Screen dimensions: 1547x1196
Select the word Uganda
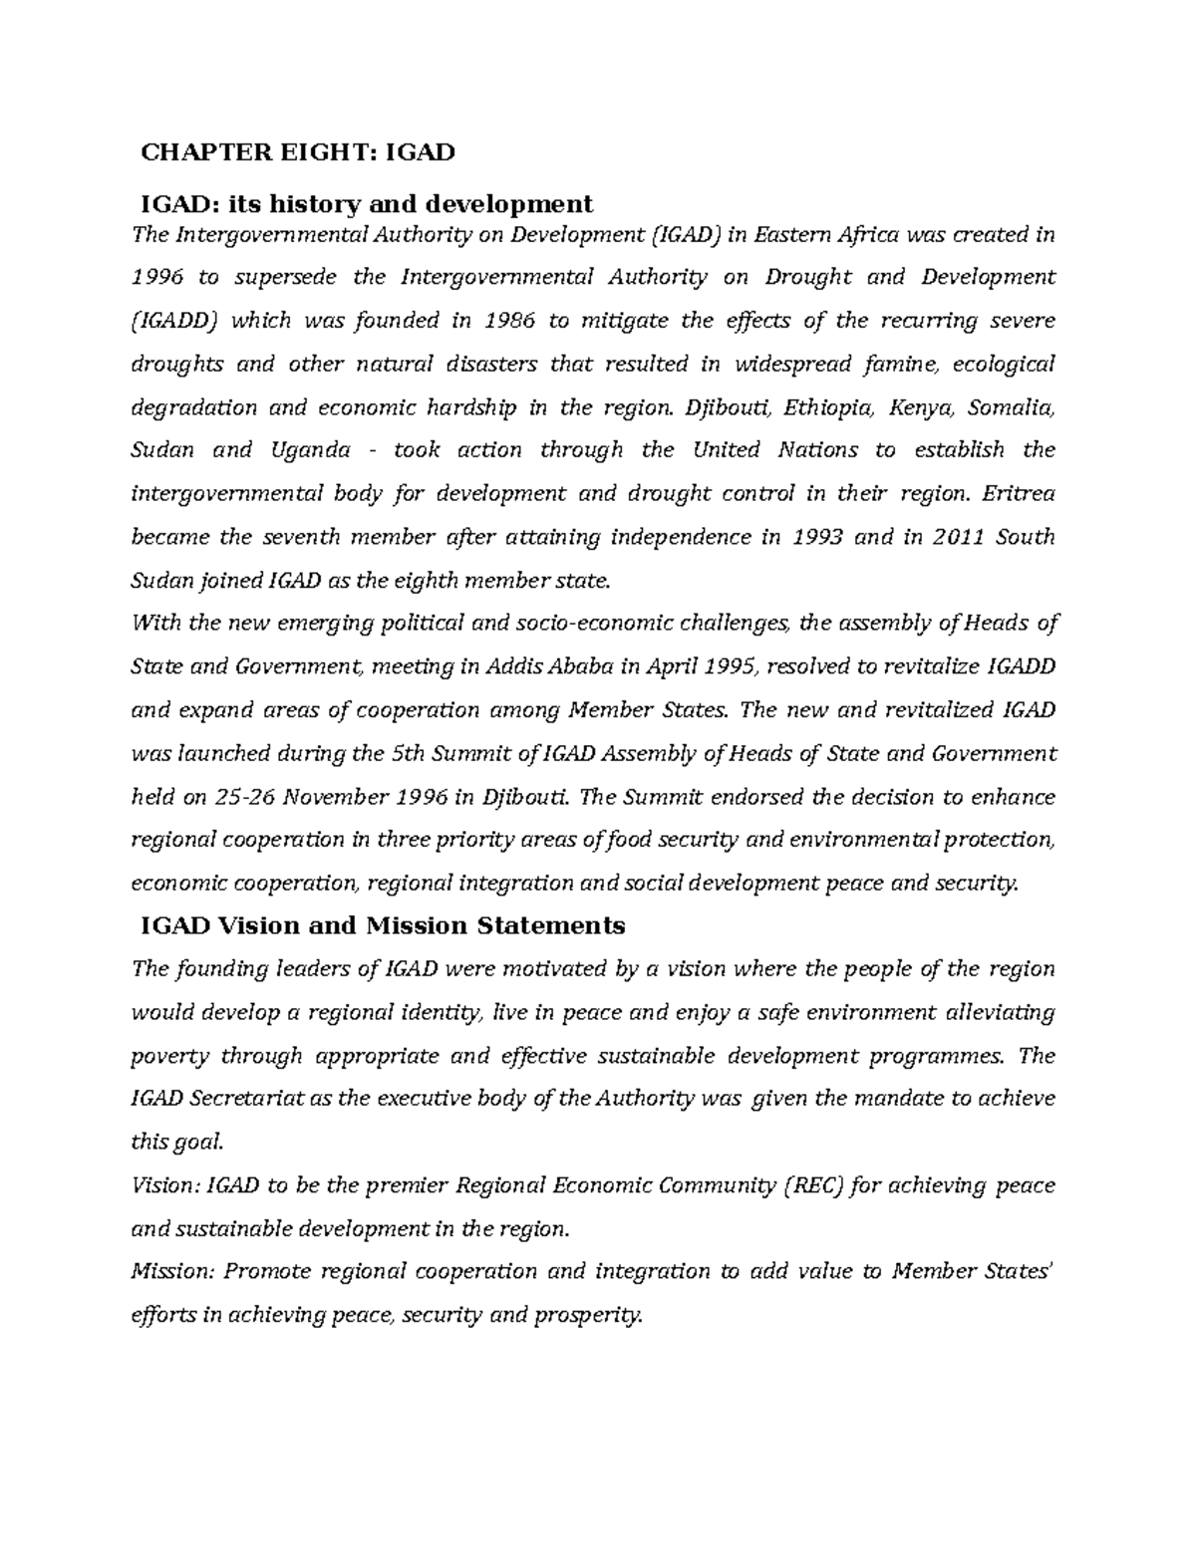tap(310, 450)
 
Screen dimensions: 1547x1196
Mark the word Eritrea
tap(1019, 494)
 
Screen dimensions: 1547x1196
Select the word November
tap(342, 797)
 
